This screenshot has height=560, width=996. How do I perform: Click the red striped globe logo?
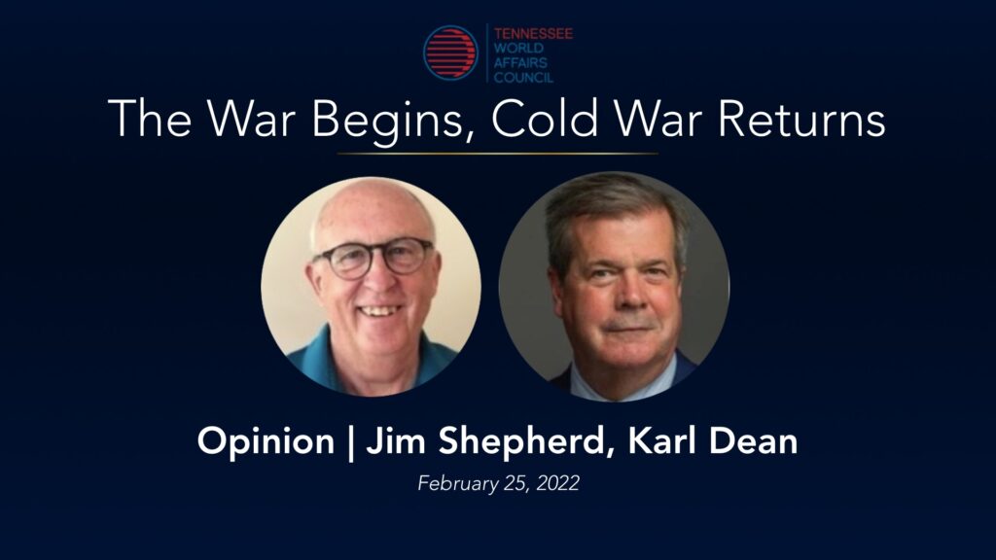(x=450, y=52)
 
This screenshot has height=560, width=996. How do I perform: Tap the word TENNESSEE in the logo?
(x=533, y=33)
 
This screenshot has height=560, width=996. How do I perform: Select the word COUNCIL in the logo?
(x=523, y=78)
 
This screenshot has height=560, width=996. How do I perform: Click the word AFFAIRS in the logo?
(x=520, y=63)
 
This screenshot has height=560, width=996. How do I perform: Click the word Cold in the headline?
(x=545, y=118)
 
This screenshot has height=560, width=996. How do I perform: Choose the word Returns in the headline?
(x=801, y=120)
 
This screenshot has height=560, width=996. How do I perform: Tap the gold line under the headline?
(x=497, y=154)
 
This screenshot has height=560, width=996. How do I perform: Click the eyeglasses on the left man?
(x=374, y=257)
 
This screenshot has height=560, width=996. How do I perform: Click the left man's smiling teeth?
(x=378, y=310)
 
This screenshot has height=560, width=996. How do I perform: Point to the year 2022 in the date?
(x=557, y=483)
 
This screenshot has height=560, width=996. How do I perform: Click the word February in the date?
(x=458, y=484)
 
